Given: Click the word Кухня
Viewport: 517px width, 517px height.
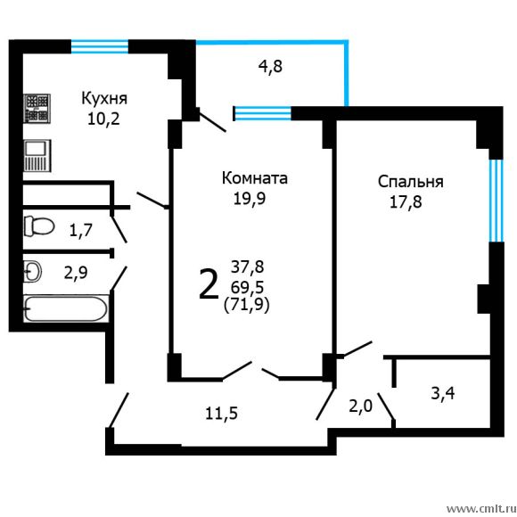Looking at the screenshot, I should tap(105, 97).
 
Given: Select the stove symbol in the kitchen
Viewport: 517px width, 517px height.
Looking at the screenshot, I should tap(37, 109).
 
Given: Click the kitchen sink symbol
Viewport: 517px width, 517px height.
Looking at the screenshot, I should tap(37, 155).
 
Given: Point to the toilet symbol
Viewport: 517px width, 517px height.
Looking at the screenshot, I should tap(37, 225).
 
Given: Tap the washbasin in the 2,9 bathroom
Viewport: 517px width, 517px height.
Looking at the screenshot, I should tap(31, 270).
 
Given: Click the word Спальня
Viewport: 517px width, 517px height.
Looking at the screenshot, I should tap(410, 182).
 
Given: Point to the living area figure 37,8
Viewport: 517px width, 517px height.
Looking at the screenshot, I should tap(247, 266).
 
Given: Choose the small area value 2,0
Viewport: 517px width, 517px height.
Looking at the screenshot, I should tap(360, 406).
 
